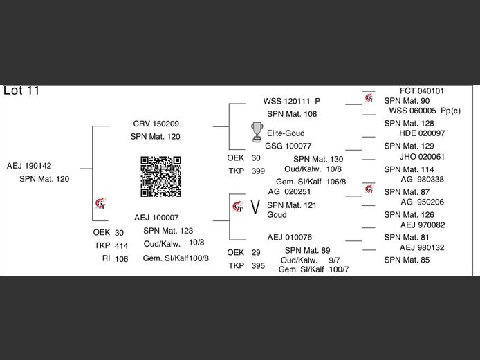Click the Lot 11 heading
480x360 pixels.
pyautogui.click(x=22, y=91)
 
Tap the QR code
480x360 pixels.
pyautogui.click(x=160, y=176)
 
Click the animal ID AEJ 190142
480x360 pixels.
pyautogui.click(x=29, y=166)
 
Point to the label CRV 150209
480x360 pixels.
pyautogui.click(x=156, y=124)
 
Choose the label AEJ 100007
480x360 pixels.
pyautogui.click(x=156, y=217)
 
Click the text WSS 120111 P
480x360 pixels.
pyautogui.click(x=292, y=101)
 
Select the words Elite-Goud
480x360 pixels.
pyautogui.click(x=286, y=133)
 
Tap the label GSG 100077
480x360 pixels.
pyautogui.click(x=288, y=146)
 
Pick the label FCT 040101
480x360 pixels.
pyautogui.click(x=422, y=91)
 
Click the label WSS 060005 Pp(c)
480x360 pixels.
pyautogui.click(x=425, y=111)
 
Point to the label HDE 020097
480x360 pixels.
pyautogui.click(x=422, y=133)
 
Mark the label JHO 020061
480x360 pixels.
pyautogui.click(x=422, y=157)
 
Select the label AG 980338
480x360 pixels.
pyautogui.click(x=422, y=180)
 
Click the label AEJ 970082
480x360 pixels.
pyautogui.click(x=422, y=225)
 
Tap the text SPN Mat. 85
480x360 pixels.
pyautogui.click(x=407, y=260)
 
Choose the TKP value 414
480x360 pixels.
pyautogui.click(x=122, y=246)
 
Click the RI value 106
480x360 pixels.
pyautogui.click(x=122, y=258)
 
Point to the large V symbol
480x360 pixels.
pyautogui.click(x=255, y=207)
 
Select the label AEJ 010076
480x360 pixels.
pyautogui.click(x=290, y=237)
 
